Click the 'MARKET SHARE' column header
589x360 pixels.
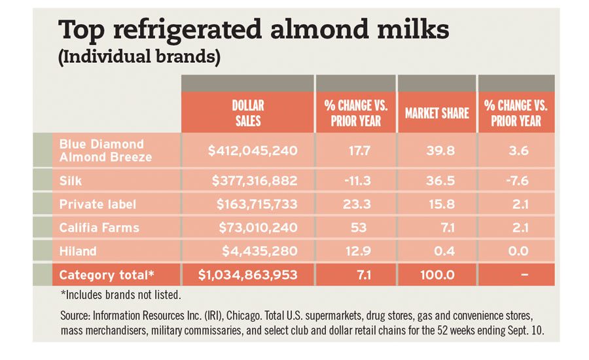(437, 113)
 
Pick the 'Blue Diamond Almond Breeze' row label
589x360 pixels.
(105, 150)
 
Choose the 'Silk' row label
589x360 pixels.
(71, 180)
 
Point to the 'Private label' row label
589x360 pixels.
(98, 204)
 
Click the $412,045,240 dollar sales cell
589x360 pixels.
(253, 151)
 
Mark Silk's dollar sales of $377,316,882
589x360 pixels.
(255, 180)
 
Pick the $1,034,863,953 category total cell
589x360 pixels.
(247, 276)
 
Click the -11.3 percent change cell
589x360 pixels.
(356, 180)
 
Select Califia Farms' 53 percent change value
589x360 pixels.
(357, 228)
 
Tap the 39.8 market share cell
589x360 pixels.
(437, 151)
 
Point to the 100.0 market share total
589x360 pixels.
(437, 276)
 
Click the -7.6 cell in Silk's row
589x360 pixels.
(516, 180)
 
